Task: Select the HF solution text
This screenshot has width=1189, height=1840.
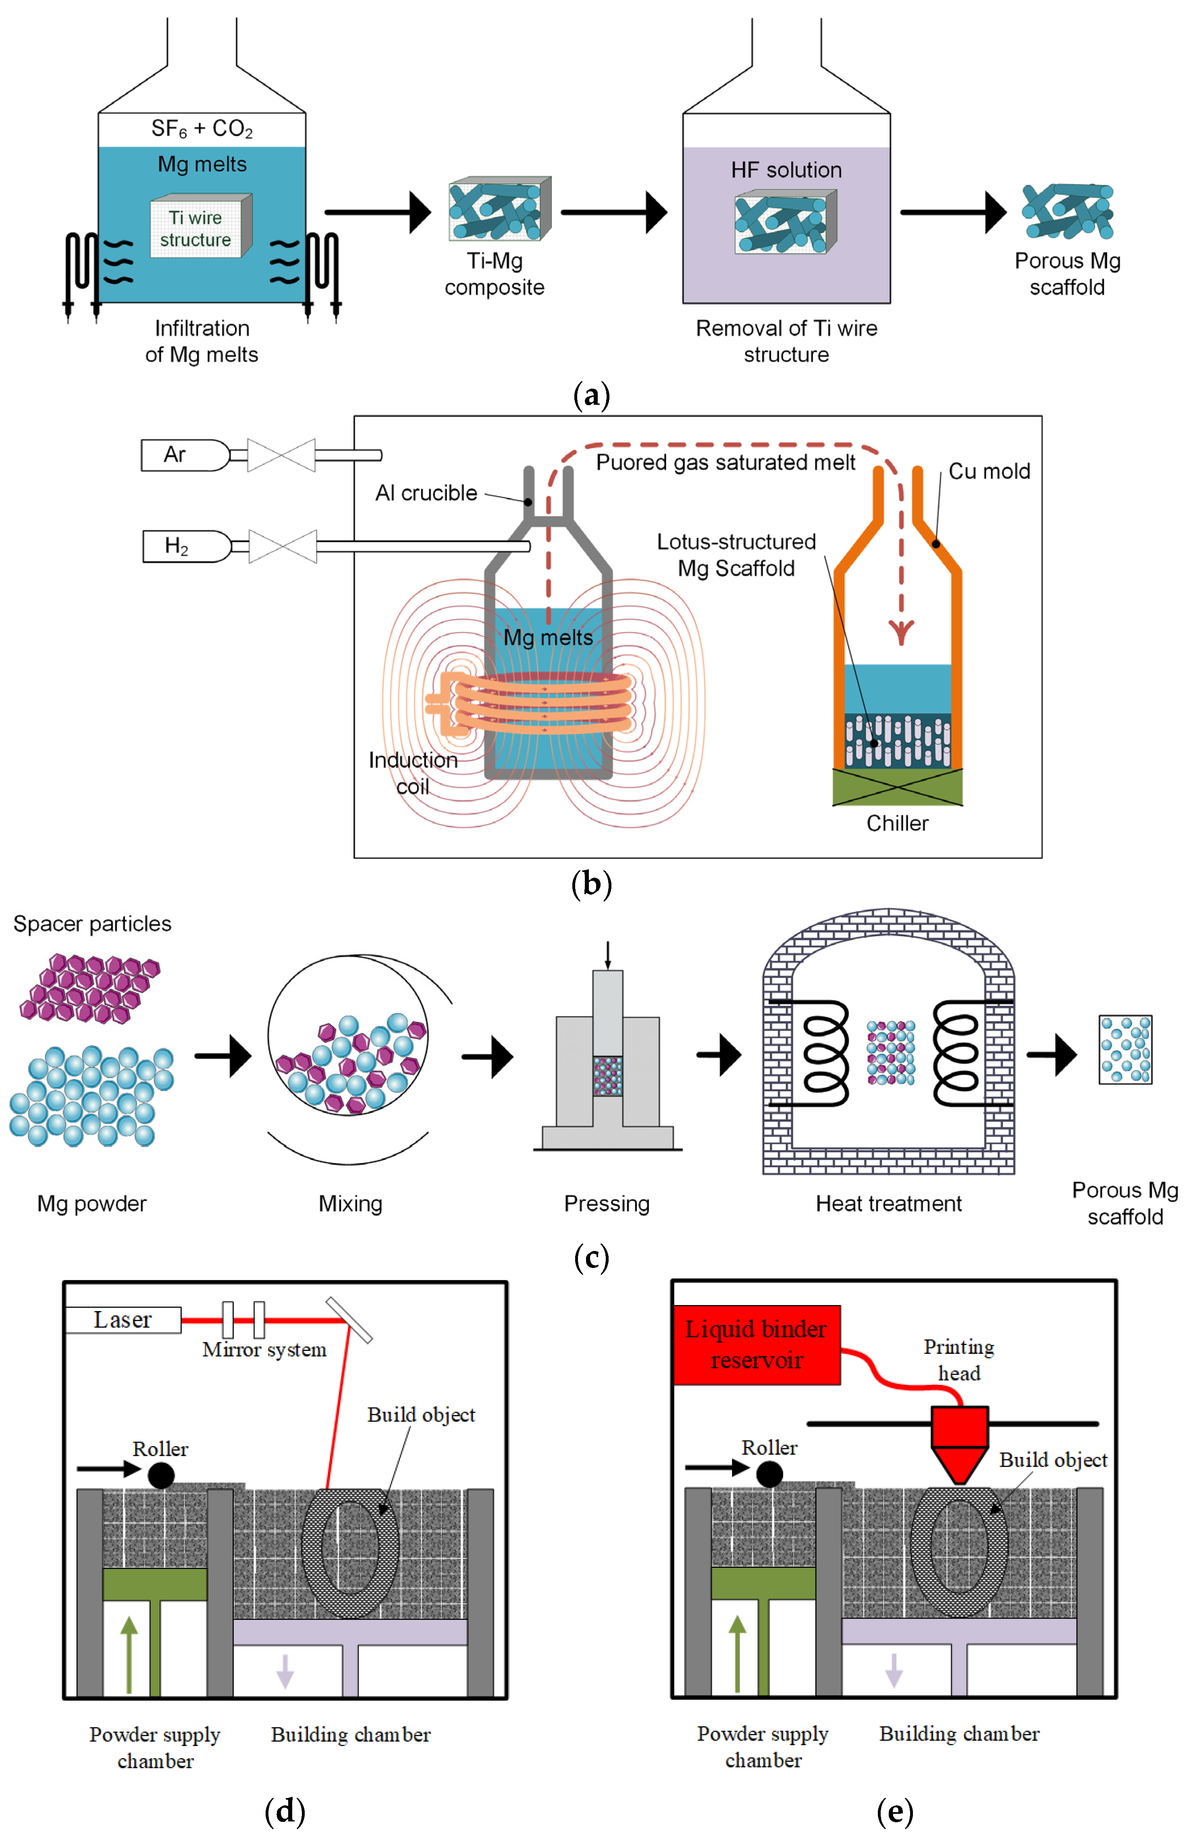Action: point(786,170)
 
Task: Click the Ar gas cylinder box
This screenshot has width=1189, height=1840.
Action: point(184,455)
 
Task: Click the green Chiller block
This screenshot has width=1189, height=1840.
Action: point(897,787)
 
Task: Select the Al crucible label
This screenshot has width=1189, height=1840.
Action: point(426,493)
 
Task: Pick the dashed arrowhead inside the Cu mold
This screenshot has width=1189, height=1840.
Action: point(900,632)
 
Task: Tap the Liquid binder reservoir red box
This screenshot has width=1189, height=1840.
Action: point(757,1344)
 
